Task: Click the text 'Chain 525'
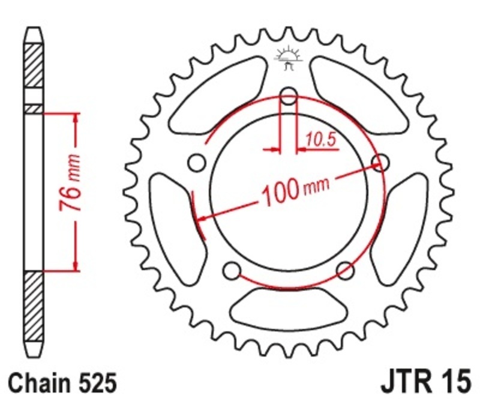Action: (62, 382)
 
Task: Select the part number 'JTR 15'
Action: (423, 382)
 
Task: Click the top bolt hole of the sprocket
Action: (289, 96)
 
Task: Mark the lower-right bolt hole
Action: (345, 270)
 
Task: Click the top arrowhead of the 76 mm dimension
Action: (76, 118)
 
